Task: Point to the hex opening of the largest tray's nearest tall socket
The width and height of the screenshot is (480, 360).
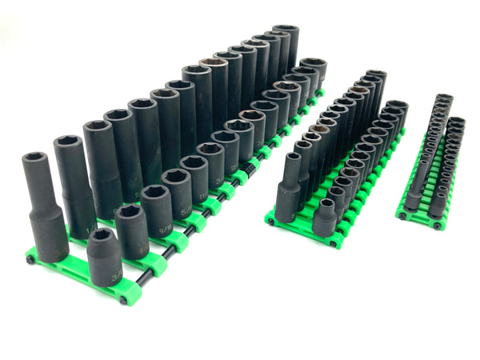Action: [x=37, y=160]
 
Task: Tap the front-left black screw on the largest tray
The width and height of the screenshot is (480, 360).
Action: [x=30, y=259]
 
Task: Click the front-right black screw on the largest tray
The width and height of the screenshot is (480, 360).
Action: [x=122, y=301]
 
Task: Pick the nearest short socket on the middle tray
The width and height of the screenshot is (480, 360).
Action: [x=324, y=217]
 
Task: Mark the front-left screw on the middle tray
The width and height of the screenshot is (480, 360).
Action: [x=271, y=221]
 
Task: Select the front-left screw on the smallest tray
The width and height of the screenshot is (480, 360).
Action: [x=401, y=215]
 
